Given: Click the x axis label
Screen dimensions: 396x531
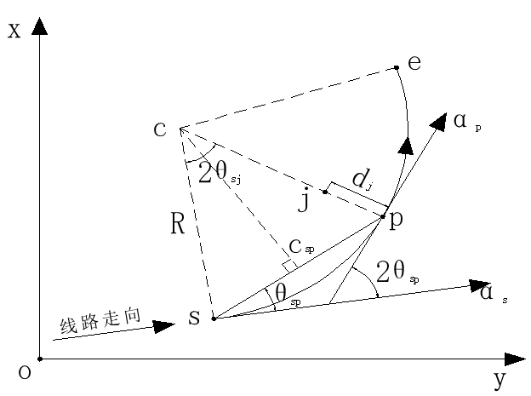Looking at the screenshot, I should pyautogui.click(x=13, y=32).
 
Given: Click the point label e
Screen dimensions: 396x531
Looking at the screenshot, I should pyautogui.click(x=414, y=62).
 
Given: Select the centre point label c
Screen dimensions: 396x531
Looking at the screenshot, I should pyautogui.click(x=159, y=129).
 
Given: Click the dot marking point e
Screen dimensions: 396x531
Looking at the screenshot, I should pyautogui.click(x=397, y=68).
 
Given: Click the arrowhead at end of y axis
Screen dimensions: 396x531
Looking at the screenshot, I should pyautogui.click(x=516, y=359).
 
